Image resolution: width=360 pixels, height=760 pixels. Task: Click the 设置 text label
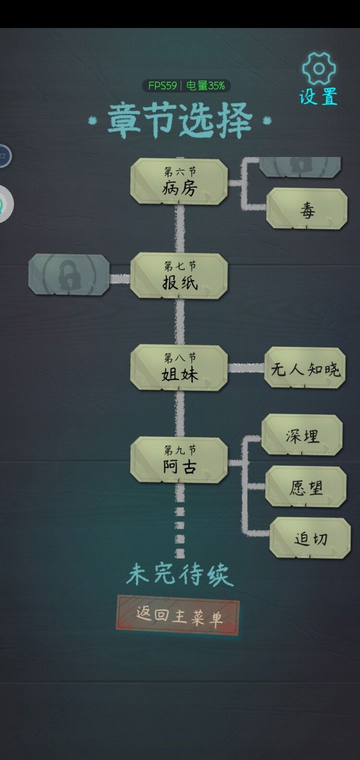[x=318, y=96]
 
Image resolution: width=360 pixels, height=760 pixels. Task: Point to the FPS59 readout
[x=162, y=85]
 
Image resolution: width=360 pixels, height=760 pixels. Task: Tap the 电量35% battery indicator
[x=205, y=85]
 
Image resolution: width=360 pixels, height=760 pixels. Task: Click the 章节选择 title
[x=180, y=120]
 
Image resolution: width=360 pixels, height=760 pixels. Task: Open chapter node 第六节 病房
[x=179, y=182]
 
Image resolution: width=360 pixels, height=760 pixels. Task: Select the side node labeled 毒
[x=306, y=209]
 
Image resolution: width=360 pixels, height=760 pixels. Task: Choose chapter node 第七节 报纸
[x=179, y=276]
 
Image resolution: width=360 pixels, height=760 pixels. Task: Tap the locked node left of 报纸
[x=69, y=274]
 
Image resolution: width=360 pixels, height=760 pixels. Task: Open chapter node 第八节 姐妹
[x=179, y=368]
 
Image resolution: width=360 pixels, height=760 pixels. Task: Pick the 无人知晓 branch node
[x=305, y=368]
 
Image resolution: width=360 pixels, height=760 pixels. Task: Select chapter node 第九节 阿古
[x=179, y=460]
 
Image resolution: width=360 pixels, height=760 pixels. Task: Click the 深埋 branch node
[x=302, y=435]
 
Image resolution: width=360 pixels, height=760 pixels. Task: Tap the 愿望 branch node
[x=305, y=487]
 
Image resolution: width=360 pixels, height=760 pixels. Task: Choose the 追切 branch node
[x=310, y=538]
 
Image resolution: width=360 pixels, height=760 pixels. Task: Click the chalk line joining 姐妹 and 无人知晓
[x=246, y=368]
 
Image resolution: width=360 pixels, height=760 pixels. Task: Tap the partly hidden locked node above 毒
[x=300, y=167]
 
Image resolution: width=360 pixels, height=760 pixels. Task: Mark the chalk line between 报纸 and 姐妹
[x=180, y=322]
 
